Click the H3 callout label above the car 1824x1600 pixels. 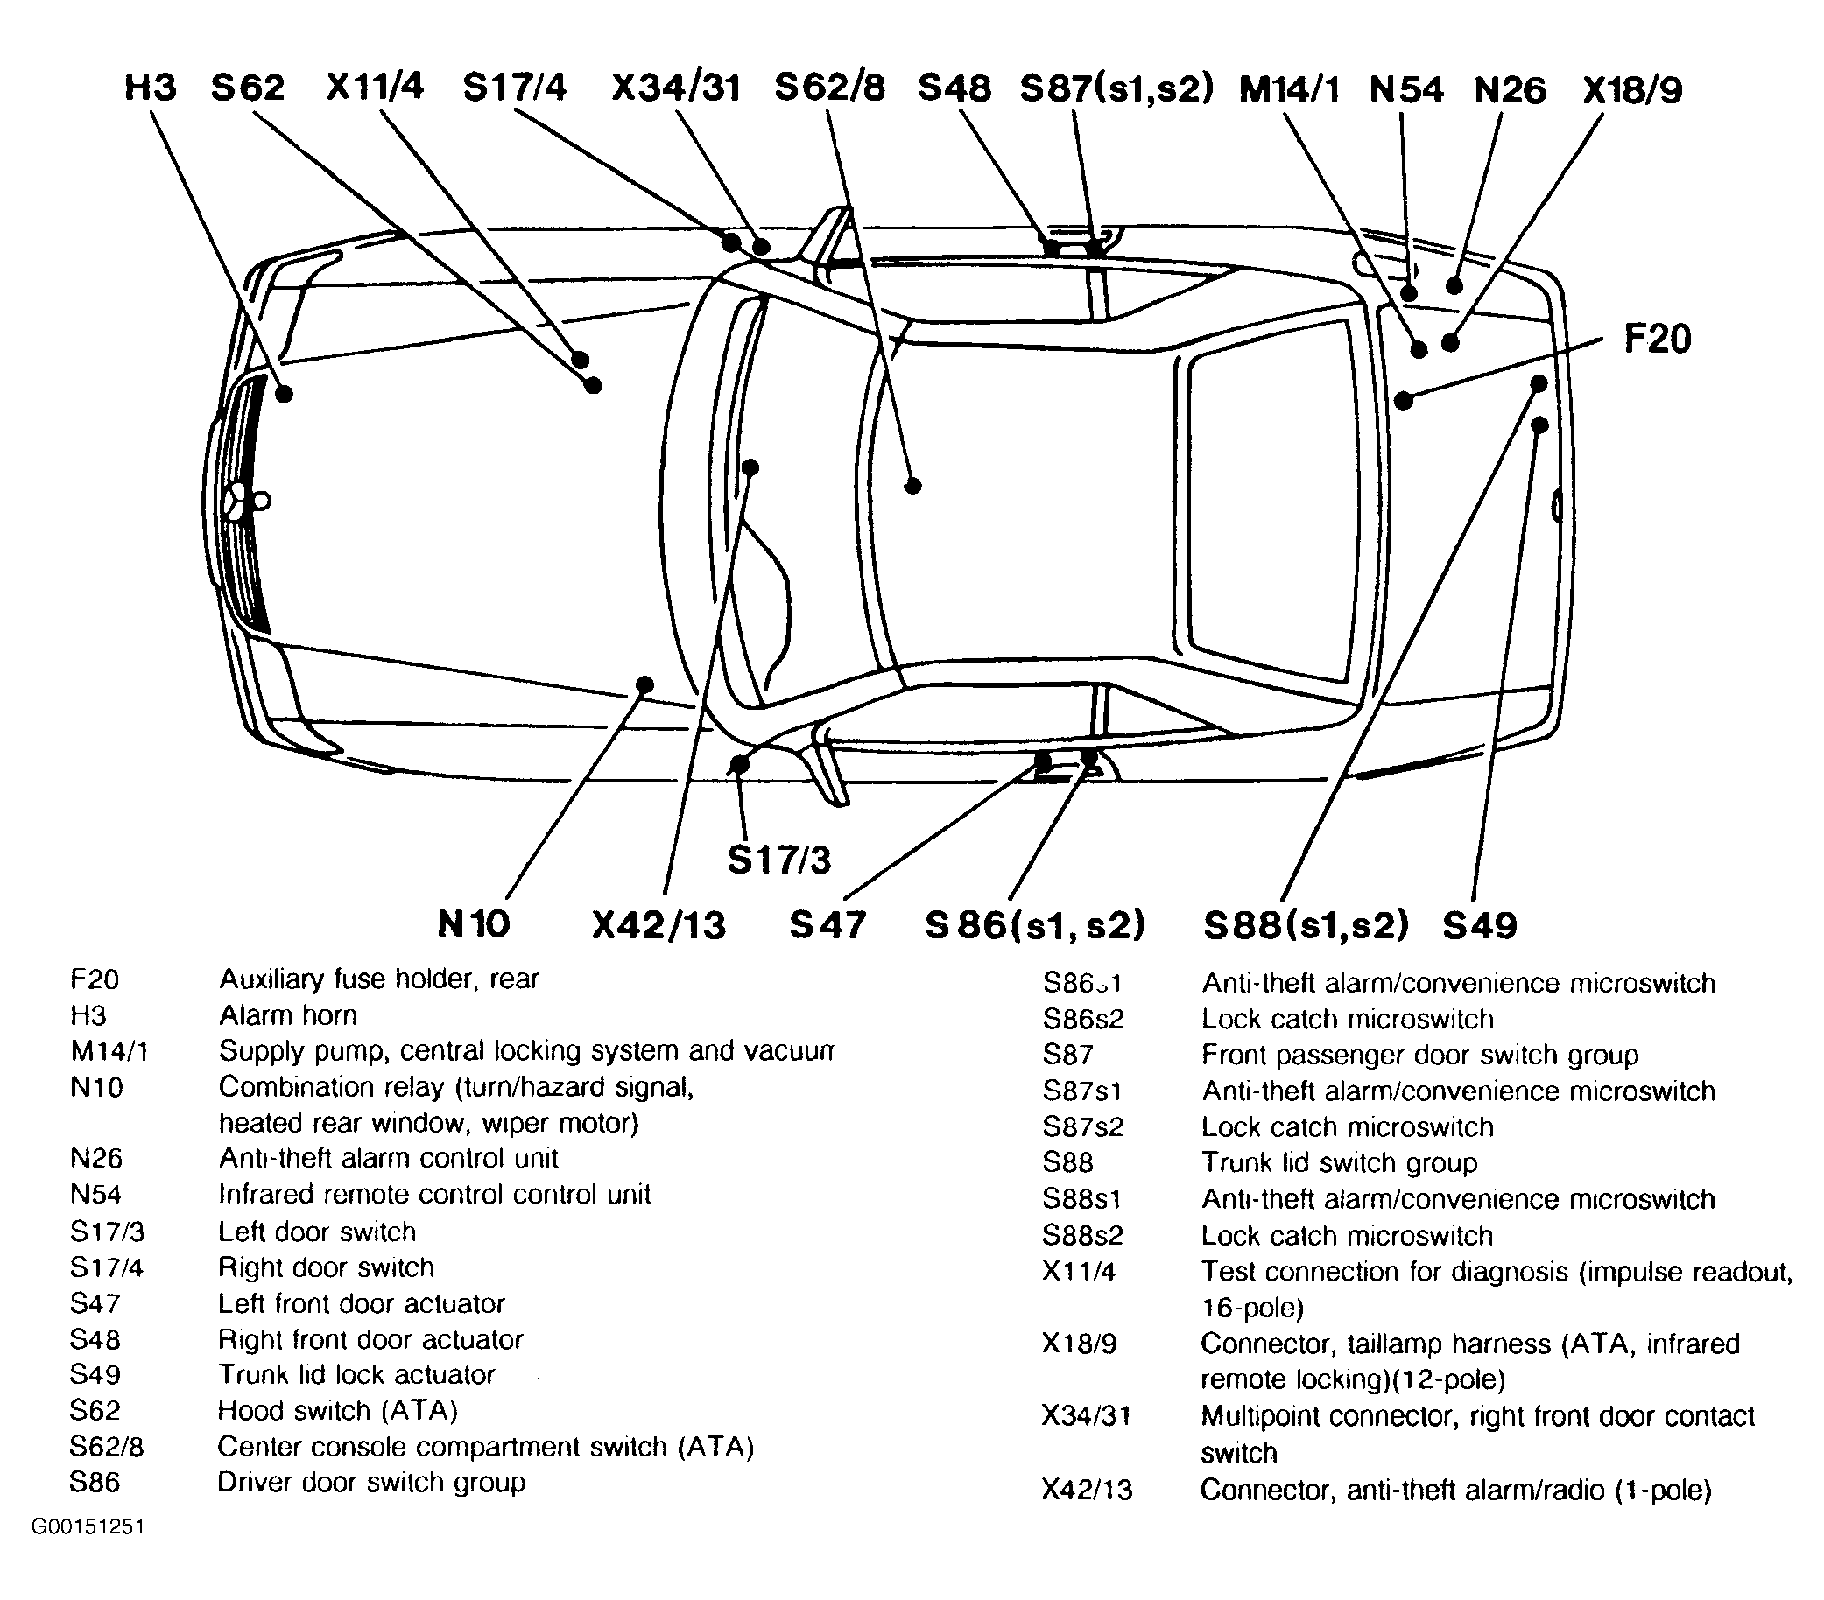click(151, 88)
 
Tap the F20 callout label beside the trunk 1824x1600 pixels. click(1657, 339)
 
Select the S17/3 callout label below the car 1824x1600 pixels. click(779, 860)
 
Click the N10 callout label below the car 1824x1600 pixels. click(473, 924)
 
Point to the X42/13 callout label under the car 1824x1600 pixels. click(658, 925)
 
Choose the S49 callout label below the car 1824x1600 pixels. click(1480, 925)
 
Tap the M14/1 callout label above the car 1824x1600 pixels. click(1290, 89)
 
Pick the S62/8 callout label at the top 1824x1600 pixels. click(829, 88)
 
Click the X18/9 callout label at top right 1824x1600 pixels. click(1632, 89)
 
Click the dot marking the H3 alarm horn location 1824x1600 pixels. click(285, 393)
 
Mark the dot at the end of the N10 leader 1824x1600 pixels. click(644, 685)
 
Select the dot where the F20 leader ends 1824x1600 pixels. click(1404, 401)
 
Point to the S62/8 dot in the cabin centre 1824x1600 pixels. click(912, 486)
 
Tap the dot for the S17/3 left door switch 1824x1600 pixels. click(739, 764)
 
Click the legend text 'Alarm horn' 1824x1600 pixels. click(287, 1015)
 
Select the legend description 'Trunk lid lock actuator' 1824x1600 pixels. click(356, 1374)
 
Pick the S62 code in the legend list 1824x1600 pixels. click(95, 1410)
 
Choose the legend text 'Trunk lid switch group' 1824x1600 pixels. click(1339, 1163)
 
